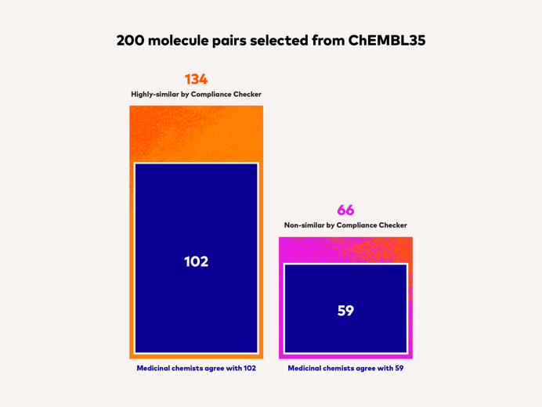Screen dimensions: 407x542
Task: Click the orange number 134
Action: click(x=196, y=79)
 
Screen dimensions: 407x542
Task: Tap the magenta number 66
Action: click(x=345, y=211)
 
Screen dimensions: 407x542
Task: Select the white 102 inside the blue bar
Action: click(x=196, y=261)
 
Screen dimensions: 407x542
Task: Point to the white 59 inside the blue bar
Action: click(x=345, y=311)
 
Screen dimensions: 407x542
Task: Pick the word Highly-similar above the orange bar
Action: click(x=154, y=95)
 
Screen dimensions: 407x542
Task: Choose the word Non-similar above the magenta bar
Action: click(x=305, y=225)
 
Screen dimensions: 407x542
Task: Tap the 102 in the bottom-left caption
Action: click(x=248, y=368)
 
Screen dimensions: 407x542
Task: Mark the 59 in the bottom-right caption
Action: click(x=399, y=368)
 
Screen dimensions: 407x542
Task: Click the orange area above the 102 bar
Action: click(x=196, y=133)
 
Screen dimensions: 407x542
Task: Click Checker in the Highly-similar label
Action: click(x=245, y=95)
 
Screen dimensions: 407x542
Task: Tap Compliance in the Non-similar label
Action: click(x=359, y=225)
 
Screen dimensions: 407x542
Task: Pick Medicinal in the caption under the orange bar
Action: click(x=155, y=368)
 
